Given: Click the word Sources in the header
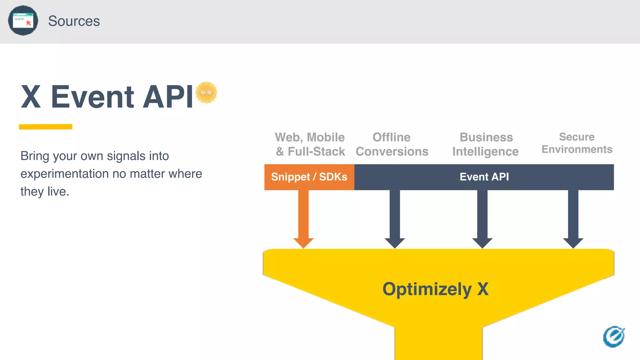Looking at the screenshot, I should [74, 21].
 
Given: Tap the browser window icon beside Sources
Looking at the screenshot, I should [23, 21].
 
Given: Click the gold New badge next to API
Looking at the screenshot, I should [206, 92].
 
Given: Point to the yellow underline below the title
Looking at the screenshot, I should [46, 127].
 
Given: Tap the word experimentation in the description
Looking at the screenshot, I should [64, 174].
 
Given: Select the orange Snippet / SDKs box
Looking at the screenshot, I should [309, 177].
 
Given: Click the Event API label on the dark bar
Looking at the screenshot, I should [484, 177].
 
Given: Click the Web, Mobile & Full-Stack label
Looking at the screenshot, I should [310, 144].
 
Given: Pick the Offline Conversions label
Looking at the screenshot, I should [392, 144].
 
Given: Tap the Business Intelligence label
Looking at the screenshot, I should [486, 144].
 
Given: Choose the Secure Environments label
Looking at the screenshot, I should [577, 143].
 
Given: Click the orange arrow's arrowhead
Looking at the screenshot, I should [303, 242].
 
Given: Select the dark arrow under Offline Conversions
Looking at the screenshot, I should [395, 219].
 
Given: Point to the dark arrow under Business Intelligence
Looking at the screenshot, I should [482, 219].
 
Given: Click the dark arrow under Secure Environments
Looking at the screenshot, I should [573, 219].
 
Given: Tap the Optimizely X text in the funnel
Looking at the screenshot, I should [435, 289].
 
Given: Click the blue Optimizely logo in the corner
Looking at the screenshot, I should [614, 337].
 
